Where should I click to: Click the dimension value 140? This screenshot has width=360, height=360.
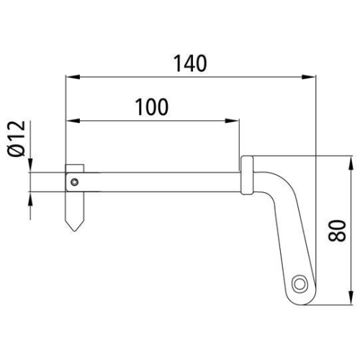point(190,63)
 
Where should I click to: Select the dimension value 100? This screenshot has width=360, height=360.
point(151,107)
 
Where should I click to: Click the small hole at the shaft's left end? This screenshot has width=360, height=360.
point(74,182)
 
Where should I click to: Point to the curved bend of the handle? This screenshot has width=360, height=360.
point(277,179)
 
